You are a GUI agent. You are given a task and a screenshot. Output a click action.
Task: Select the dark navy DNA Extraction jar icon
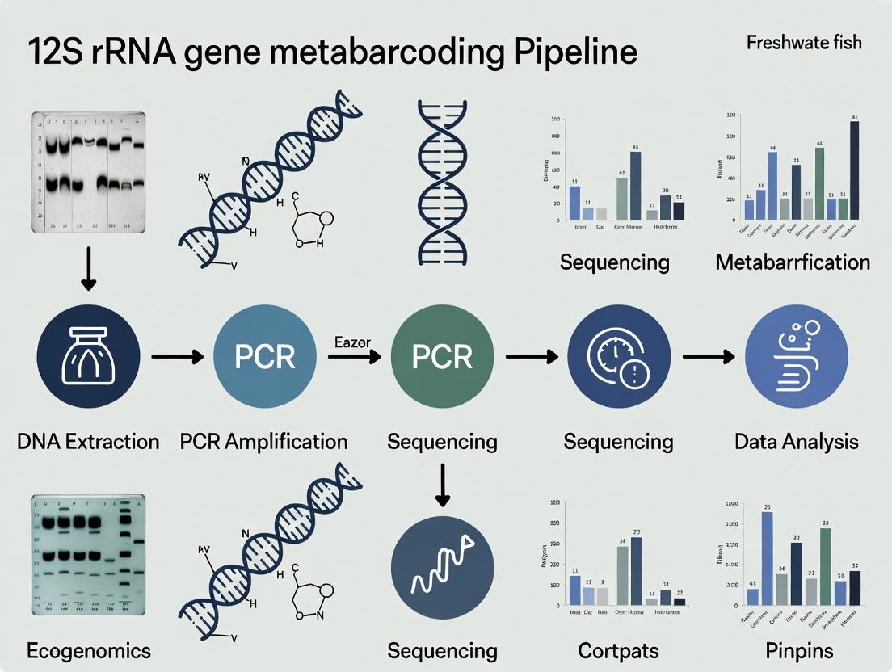click(89, 355)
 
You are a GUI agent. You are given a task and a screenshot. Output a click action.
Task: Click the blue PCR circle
click(264, 356)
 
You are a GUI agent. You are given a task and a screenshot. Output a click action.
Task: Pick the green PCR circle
click(441, 356)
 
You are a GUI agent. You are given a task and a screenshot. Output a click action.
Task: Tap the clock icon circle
click(618, 356)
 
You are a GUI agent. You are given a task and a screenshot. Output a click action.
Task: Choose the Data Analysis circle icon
click(796, 356)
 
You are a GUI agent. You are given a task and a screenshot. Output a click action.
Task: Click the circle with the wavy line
click(441, 573)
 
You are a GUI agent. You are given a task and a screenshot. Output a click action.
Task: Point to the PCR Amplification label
click(264, 441)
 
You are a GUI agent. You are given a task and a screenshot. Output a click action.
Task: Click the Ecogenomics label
click(88, 650)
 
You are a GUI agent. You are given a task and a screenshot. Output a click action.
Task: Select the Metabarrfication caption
click(793, 262)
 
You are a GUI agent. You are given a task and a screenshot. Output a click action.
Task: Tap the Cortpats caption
click(618, 650)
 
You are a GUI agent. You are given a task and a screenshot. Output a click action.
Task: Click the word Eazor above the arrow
click(352, 342)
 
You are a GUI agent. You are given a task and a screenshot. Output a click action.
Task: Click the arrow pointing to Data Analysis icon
click(708, 356)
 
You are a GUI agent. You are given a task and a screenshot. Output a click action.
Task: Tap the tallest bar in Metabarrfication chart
click(854, 170)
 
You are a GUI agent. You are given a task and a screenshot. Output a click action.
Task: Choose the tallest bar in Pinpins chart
click(767, 558)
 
